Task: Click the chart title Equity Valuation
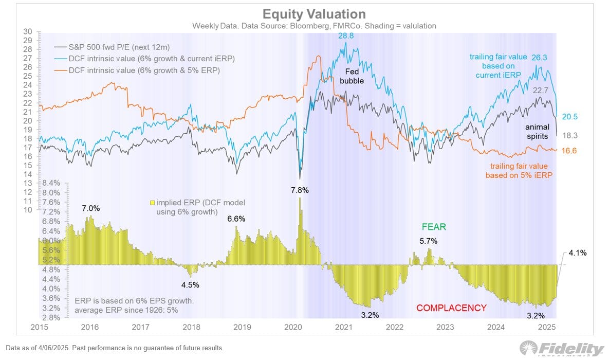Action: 314,14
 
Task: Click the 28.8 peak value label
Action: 345,35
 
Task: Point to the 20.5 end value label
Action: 569,117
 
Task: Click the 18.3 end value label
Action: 569,135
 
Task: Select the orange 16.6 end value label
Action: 569,150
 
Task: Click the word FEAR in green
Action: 434,227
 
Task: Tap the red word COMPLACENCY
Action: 451,308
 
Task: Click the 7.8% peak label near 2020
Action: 300,190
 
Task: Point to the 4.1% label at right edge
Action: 577,253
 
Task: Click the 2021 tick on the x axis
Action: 343,327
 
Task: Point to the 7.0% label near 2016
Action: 90,208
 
